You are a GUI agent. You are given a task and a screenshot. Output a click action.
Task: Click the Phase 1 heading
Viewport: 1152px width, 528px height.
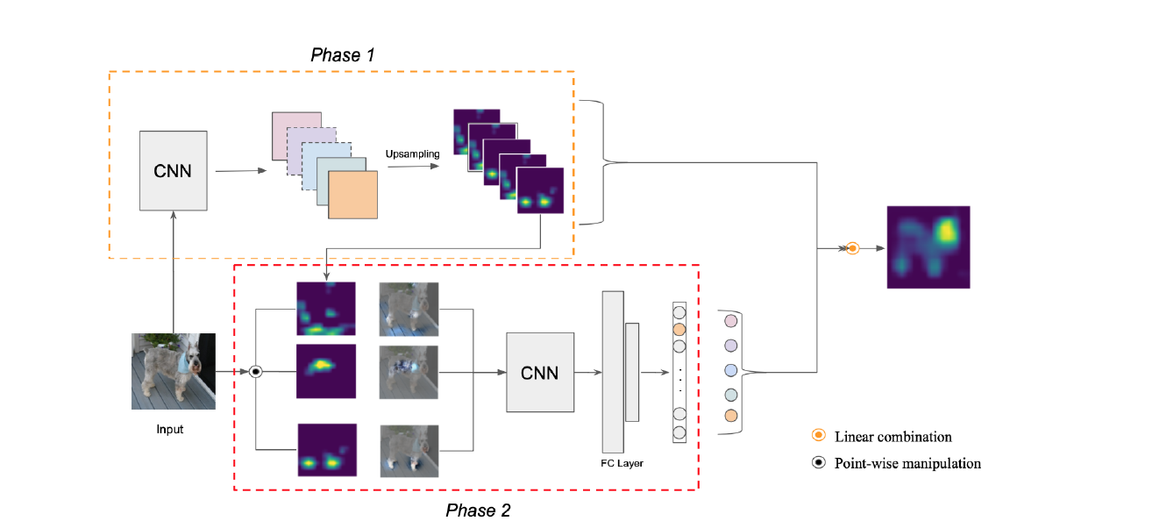pos(343,55)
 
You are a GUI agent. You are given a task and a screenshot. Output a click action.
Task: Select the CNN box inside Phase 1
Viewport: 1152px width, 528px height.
pos(174,170)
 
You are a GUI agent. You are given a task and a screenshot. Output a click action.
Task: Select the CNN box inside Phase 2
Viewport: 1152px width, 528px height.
pos(540,372)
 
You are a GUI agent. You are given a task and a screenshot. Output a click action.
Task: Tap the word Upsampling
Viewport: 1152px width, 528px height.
pos(412,154)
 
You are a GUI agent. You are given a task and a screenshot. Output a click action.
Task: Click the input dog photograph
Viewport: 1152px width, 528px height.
pos(174,371)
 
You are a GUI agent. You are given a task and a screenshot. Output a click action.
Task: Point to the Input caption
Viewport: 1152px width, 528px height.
pos(170,429)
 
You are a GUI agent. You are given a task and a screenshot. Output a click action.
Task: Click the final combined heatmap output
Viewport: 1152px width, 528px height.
pos(928,246)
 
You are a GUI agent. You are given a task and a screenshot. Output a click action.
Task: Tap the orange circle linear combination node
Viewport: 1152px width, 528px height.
pos(851,249)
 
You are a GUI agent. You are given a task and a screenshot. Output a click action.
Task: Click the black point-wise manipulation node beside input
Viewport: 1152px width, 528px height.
pos(255,372)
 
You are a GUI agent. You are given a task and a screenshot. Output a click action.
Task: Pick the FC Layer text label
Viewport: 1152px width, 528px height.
pos(619,462)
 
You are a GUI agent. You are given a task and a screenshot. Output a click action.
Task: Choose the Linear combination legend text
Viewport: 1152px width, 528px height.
pos(892,437)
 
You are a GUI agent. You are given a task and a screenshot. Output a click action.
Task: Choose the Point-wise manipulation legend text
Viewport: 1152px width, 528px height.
pos(907,463)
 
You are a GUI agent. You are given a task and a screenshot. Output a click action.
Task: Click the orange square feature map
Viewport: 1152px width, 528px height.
pos(352,195)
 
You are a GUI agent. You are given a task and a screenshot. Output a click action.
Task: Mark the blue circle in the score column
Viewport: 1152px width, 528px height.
pos(731,371)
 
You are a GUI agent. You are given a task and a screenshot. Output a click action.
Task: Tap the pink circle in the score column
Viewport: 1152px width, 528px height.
pos(731,323)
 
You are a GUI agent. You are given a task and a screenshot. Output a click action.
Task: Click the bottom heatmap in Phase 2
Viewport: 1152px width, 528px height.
pos(327,450)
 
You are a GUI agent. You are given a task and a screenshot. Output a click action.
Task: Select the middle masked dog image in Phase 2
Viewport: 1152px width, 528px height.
pos(409,372)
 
